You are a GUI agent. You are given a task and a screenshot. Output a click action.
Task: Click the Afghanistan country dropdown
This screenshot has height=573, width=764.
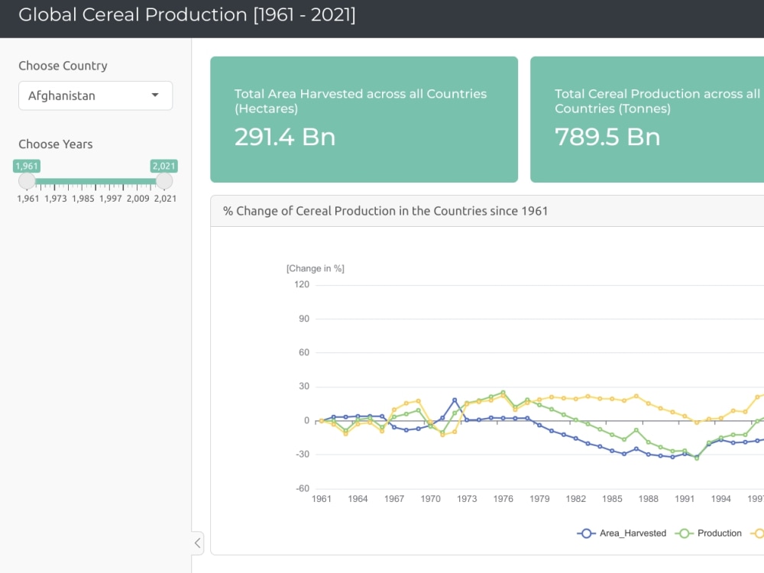coord(95,95)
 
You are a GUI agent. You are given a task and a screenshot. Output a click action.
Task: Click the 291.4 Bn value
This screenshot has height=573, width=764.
coord(285,137)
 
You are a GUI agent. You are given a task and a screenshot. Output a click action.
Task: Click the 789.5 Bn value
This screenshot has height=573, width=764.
coord(607,137)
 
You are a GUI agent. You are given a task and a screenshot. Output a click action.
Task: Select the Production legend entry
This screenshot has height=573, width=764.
coord(710,533)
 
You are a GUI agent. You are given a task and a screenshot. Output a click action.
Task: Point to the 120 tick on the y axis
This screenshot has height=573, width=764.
coord(301,285)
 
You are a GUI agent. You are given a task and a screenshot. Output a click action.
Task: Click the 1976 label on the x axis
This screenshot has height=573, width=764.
coord(503,499)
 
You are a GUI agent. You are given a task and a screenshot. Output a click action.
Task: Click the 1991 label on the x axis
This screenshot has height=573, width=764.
coord(685,499)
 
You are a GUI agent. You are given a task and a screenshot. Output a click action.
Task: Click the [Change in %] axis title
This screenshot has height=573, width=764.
coord(315,268)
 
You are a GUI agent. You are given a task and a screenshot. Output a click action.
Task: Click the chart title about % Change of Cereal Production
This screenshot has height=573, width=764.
coord(385,211)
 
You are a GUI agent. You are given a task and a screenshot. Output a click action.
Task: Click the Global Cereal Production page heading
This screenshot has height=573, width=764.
coord(187,15)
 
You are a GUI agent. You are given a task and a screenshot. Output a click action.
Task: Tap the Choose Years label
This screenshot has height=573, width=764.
coord(56,144)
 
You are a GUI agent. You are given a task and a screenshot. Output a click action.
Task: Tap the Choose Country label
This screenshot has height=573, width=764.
coord(63,66)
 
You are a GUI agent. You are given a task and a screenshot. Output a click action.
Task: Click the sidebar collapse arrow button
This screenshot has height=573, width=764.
coord(197,543)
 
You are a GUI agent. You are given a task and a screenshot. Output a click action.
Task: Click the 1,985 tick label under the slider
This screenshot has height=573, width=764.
coord(83,199)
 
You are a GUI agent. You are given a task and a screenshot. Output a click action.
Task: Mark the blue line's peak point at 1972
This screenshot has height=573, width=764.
coord(455,400)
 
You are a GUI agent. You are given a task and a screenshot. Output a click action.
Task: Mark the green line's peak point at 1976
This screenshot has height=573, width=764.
coord(503,393)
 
